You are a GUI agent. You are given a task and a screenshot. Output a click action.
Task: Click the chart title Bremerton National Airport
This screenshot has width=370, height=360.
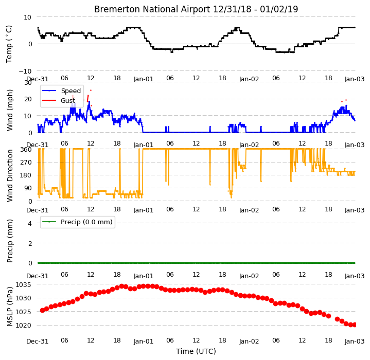coord(152,9)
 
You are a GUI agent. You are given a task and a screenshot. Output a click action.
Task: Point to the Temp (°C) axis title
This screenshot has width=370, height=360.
coord(9,44)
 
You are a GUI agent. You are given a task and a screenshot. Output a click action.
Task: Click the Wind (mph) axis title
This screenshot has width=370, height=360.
coord(10,110)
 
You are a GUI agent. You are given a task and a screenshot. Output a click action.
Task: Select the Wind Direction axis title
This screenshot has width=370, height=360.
coord(10,175)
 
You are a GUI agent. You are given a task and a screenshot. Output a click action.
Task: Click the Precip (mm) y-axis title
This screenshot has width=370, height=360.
coord(10,241)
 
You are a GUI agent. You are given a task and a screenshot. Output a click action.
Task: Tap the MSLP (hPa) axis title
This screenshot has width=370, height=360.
coord(10,307)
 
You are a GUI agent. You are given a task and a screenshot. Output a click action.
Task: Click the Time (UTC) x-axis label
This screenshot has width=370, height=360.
coord(196,351)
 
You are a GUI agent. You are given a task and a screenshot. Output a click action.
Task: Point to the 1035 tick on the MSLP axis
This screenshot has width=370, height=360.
coord(23,285)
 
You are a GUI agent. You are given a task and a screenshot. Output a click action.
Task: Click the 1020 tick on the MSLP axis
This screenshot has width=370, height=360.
coord(23,326)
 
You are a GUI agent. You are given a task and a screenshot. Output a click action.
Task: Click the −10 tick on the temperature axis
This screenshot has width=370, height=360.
coord(25,71)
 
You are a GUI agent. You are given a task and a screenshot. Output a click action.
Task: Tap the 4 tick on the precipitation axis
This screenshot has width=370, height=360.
coord(30,223)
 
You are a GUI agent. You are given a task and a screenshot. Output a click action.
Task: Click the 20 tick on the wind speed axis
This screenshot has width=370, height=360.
coord(28,99)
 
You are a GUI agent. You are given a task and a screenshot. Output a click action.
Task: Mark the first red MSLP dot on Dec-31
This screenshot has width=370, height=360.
coord(43,310)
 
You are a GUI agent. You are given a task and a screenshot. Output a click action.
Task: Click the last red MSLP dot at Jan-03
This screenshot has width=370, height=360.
coord(354,325)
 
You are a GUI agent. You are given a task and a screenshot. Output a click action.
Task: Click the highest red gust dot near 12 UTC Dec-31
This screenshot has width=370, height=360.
coord(91,91)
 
